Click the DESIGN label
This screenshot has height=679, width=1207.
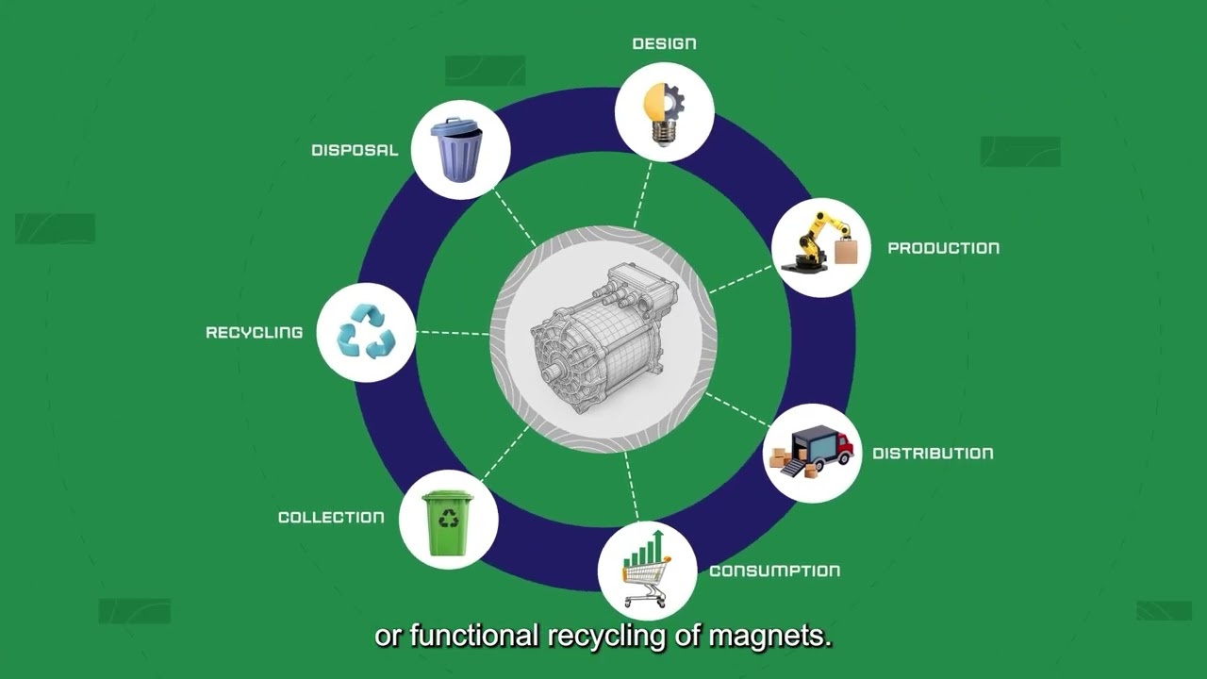pos(664,43)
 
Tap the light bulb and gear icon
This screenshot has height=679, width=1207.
pos(665,113)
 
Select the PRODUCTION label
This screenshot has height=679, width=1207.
pos(944,248)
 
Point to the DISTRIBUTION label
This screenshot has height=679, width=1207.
pos(933,454)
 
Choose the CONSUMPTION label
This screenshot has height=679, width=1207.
pos(775,571)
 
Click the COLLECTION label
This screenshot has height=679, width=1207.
pos(331,518)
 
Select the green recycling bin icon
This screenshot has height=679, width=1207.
pos(448,522)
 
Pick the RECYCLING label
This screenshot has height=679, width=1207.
pos(255,333)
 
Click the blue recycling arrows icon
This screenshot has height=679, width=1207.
pos(366,332)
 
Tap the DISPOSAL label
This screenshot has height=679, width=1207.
pos(355,150)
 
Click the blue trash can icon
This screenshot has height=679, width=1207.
pos(456,149)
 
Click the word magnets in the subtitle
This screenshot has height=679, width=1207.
pos(770,637)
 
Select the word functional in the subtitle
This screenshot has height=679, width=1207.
pos(474,636)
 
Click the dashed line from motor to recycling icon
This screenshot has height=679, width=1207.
pos(453,333)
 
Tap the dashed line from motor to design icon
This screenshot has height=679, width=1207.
pos(643,195)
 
